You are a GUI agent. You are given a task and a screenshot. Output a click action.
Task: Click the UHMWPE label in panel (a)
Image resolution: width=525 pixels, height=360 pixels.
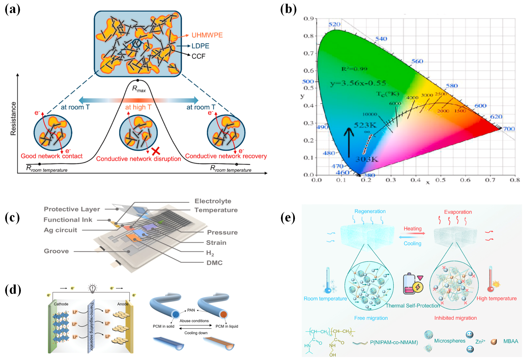coord(207,35)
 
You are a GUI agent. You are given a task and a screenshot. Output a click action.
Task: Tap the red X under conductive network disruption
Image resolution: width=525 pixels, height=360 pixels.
coord(156,151)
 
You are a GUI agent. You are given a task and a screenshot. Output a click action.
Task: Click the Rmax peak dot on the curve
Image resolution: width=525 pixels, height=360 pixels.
coord(138,80)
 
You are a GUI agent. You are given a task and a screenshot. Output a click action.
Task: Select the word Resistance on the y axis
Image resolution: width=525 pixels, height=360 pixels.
coord(13,118)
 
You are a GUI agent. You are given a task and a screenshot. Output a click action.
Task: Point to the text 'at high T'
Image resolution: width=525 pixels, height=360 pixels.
coord(138,107)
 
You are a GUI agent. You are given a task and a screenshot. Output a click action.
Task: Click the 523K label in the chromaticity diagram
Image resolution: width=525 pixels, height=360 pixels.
coord(365,125)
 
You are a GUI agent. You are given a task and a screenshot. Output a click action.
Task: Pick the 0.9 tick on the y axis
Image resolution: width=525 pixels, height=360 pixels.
coord(309,19)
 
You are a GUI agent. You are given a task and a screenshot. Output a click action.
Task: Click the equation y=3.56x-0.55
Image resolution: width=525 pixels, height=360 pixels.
coord(358,83)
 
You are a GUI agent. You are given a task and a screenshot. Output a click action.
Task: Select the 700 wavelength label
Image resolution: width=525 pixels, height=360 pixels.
coord(509,129)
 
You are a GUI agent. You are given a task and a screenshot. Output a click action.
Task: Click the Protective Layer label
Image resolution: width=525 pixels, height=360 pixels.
coord(72,209)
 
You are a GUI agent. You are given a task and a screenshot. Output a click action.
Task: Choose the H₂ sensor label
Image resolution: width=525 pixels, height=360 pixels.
coord(210,253)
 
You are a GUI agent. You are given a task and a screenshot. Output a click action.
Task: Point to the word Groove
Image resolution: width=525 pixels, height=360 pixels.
coord(56,251)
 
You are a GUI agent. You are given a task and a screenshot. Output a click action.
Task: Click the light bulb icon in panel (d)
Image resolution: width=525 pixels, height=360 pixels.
coord(92,288)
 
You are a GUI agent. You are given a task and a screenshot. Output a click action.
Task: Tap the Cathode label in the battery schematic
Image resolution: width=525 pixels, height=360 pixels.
coord(61,304)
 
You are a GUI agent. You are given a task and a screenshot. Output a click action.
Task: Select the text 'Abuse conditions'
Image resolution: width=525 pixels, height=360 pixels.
coord(194,321)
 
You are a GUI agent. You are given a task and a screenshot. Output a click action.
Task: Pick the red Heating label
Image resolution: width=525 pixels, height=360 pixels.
coord(412,228)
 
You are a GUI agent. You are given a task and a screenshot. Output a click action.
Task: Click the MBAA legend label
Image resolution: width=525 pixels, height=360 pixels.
coord(510,341)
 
